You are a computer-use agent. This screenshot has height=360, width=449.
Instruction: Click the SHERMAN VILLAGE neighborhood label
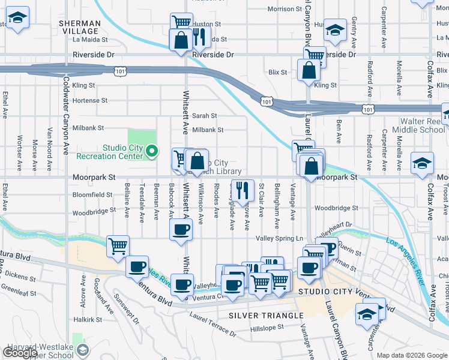pyautogui.click(x=79, y=27)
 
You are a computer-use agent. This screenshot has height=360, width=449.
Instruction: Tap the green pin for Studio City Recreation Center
pyautogui.click(x=152, y=152)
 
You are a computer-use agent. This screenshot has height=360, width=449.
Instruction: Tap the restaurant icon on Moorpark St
pyautogui.click(x=243, y=191)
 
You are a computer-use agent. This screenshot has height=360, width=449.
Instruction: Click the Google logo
pyautogui.click(x=20, y=353)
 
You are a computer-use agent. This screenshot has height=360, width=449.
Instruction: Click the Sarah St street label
pyautogui.click(x=204, y=116)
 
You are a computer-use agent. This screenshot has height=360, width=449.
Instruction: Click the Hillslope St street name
pyautogui.click(x=267, y=328)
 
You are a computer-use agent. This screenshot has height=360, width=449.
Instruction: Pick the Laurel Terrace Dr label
pyautogui.click(x=213, y=323)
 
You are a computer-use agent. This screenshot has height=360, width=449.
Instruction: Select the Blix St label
pyautogui.click(x=278, y=72)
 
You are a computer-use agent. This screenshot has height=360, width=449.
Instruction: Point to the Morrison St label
pyautogui.click(x=285, y=9)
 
